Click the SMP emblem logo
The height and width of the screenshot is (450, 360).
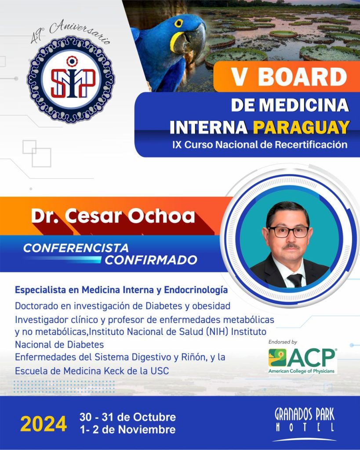[71, 79]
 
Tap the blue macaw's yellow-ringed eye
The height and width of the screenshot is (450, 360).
[178, 23]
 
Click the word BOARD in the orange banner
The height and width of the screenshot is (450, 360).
[302, 77]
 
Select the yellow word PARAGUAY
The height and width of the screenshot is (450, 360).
[301, 127]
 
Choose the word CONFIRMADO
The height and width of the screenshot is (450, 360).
[151, 260]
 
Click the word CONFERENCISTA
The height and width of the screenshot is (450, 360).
[76, 248]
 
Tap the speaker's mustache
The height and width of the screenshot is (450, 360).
[291, 246]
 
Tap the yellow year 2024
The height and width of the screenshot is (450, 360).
[44, 424]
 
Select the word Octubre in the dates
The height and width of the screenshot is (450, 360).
[154, 417]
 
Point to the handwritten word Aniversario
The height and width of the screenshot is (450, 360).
[80, 31]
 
